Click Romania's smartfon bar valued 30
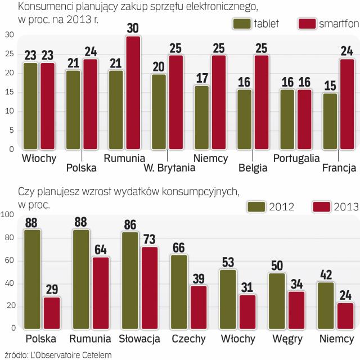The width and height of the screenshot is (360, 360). point(133,93)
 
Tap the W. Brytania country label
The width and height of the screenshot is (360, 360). point(169,168)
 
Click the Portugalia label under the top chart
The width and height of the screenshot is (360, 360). point(296,158)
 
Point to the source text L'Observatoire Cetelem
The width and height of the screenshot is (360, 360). point(67,354)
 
